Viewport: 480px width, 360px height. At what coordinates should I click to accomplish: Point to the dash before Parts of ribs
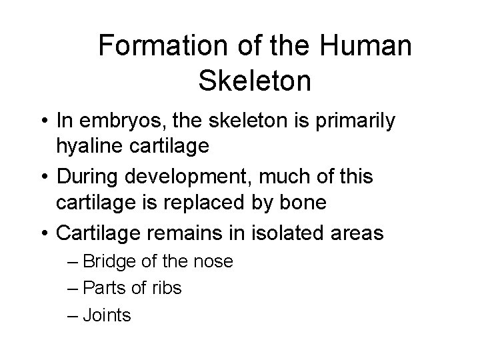click(73, 288)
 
